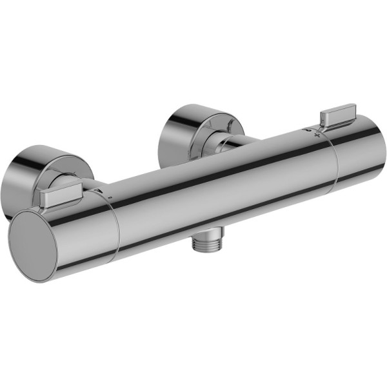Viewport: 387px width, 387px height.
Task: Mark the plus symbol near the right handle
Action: [x=316, y=135]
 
